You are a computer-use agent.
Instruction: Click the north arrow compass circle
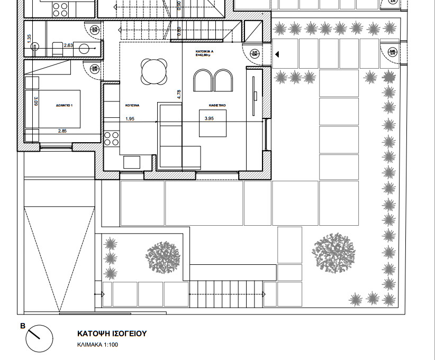[x=39, y=338]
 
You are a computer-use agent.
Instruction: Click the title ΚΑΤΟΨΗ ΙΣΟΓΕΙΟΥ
[x=112, y=334]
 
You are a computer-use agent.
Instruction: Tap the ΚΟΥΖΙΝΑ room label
[x=132, y=106]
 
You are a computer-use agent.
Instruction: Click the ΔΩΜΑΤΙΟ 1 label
[x=64, y=106]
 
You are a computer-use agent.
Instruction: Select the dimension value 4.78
[x=179, y=93]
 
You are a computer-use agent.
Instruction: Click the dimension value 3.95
[x=209, y=119]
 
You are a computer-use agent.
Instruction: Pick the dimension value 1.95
[x=130, y=119]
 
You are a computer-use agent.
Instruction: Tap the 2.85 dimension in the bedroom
[x=62, y=131]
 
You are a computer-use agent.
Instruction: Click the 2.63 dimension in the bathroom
[x=68, y=45]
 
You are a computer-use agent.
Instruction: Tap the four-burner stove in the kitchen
[x=112, y=139]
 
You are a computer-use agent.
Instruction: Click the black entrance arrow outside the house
[x=277, y=54]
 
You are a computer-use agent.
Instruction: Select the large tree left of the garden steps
[x=163, y=257]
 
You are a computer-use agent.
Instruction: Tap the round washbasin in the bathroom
[x=84, y=49]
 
